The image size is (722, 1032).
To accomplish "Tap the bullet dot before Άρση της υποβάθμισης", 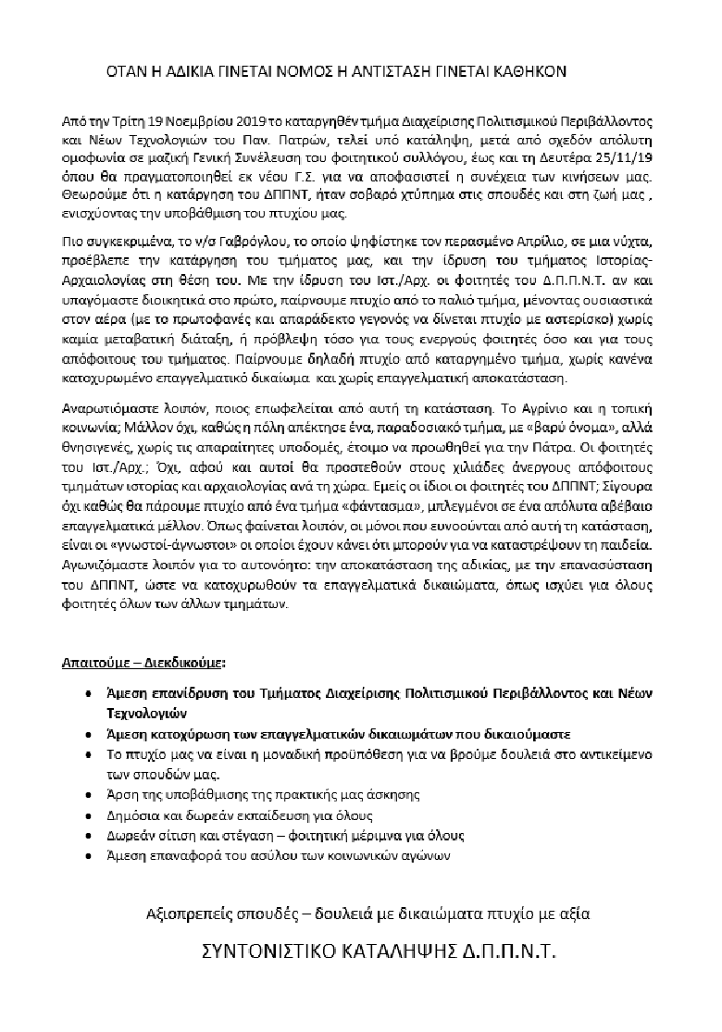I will pos(87,795).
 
